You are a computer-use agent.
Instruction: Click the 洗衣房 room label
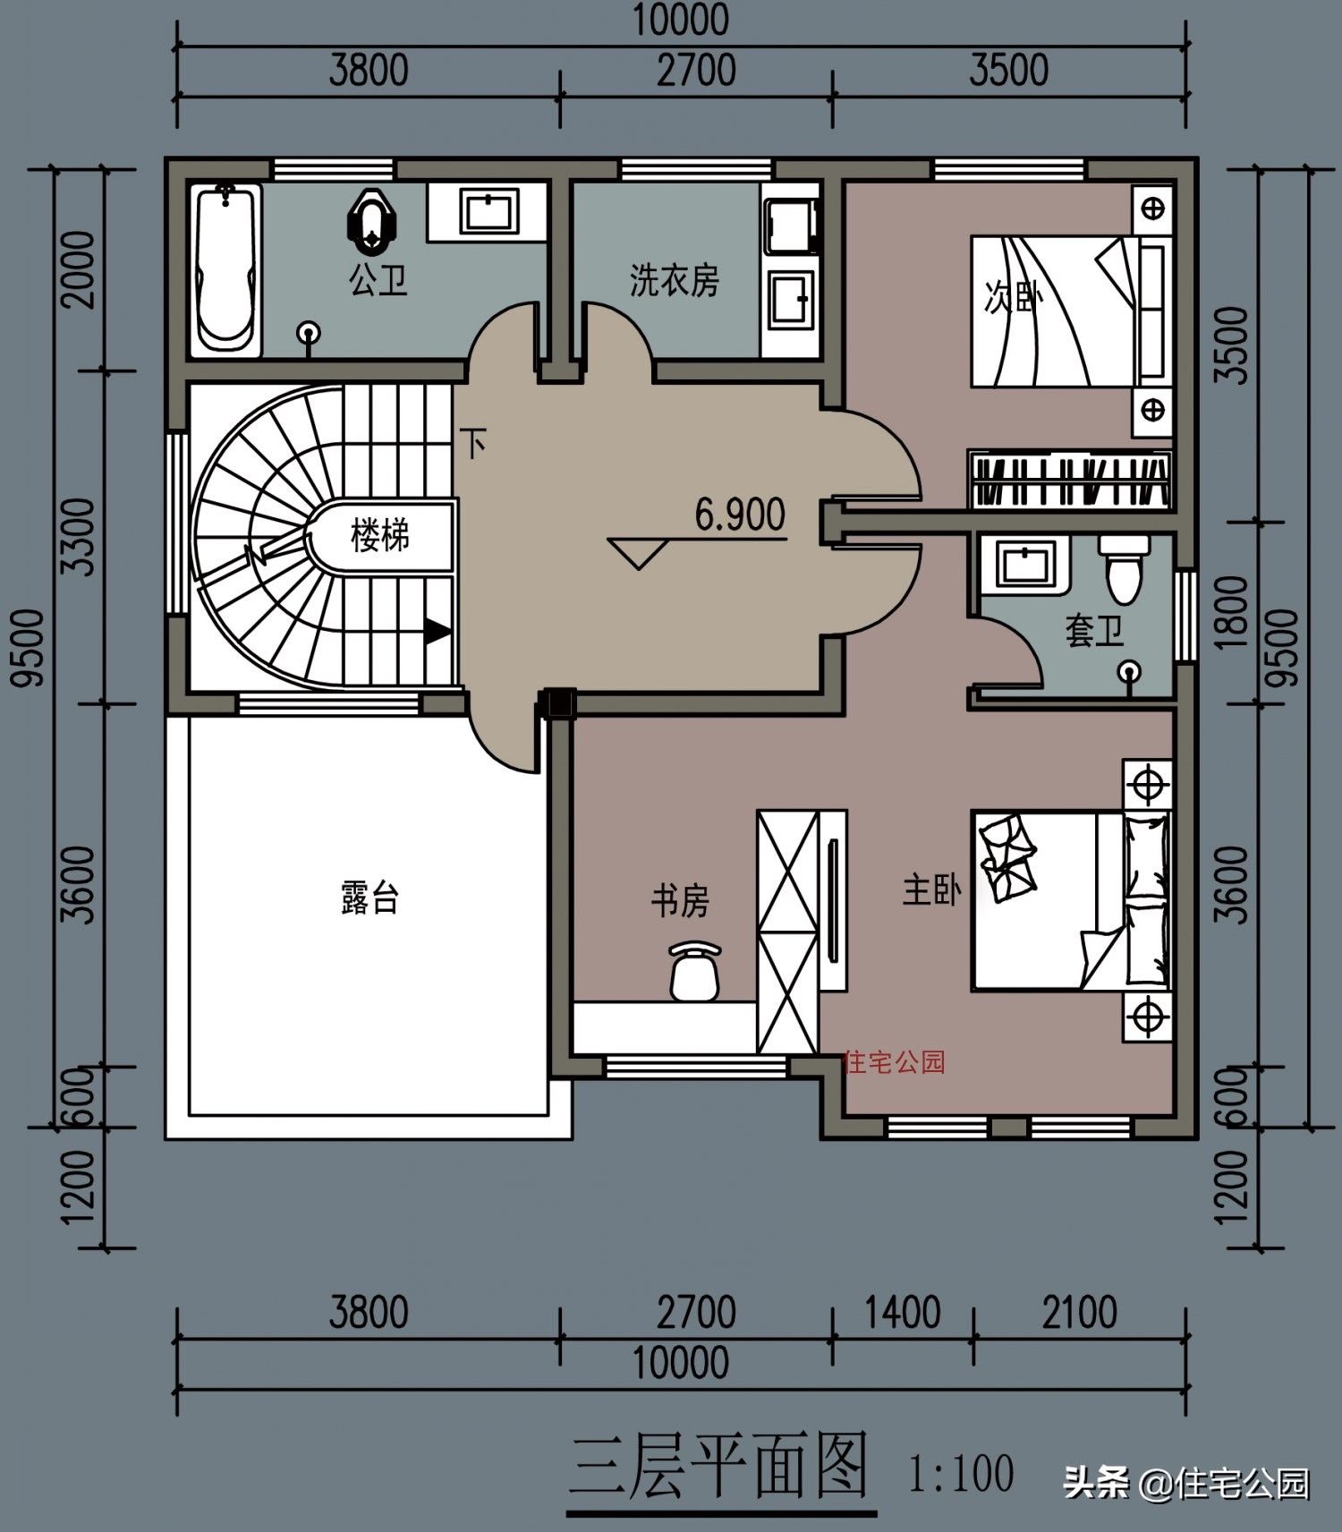point(674,280)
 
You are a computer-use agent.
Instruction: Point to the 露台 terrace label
point(369,897)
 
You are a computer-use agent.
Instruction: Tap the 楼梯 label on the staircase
point(380,536)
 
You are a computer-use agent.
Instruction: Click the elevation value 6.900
point(740,515)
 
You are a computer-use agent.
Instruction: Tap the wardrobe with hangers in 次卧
point(1069,481)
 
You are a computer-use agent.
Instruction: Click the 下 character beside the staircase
point(473,442)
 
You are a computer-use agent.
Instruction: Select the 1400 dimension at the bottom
point(902,1313)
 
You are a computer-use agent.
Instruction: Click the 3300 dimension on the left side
point(81,538)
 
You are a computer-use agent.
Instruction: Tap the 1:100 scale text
point(961,1472)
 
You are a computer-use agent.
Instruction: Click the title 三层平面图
point(719,1466)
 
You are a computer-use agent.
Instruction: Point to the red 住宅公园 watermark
point(894,1062)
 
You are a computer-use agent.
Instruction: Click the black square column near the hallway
point(559,703)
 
